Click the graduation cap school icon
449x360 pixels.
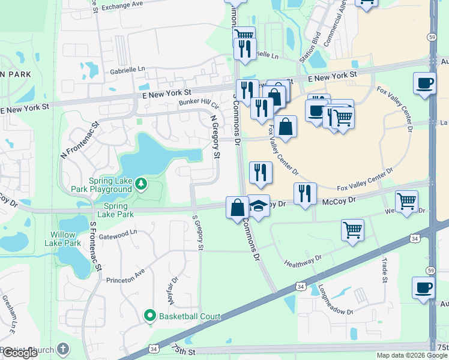tap(258, 207)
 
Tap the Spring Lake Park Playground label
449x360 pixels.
tap(110, 185)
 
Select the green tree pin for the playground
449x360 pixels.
tap(140, 183)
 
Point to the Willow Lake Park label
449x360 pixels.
tap(62, 239)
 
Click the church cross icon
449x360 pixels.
tap(64, 350)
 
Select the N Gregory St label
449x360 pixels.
tap(215, 138)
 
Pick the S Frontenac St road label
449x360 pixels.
tap(94, 246)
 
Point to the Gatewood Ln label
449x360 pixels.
tap(119, 232)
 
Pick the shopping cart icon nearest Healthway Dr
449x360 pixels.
tap(352, 229)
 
